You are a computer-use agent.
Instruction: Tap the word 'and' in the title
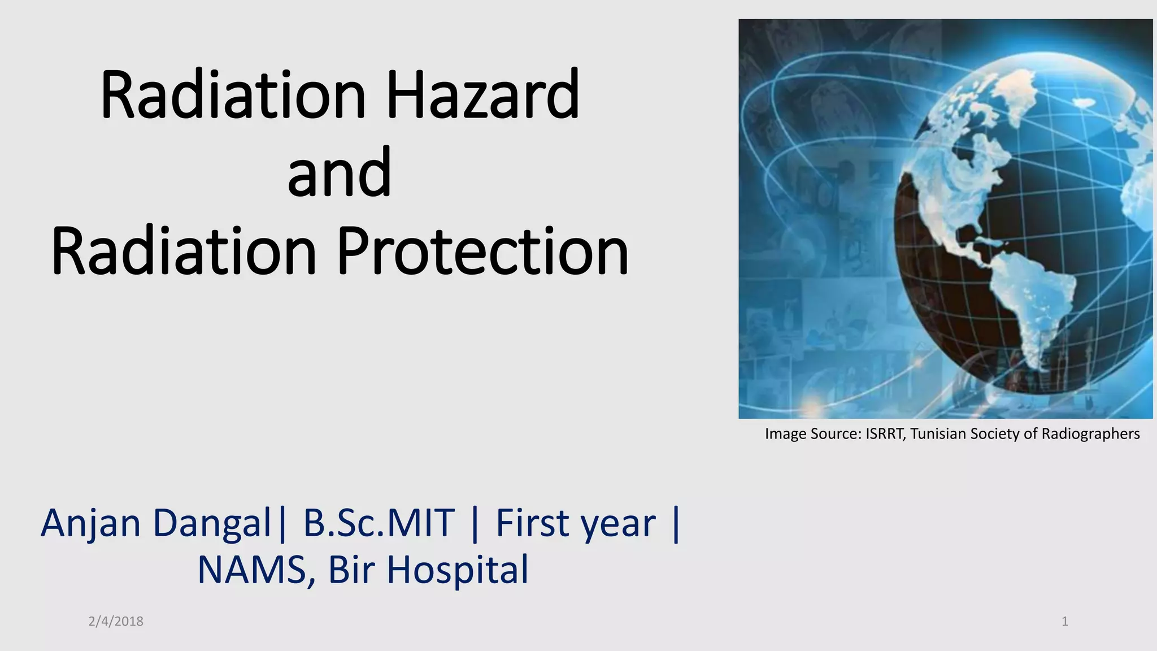[339, 172]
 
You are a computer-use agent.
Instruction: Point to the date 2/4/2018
[116, 622]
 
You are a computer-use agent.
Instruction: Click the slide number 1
[1065, 622]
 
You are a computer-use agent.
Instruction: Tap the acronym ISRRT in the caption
[886, 434]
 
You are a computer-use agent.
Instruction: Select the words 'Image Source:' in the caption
[814, 435]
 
